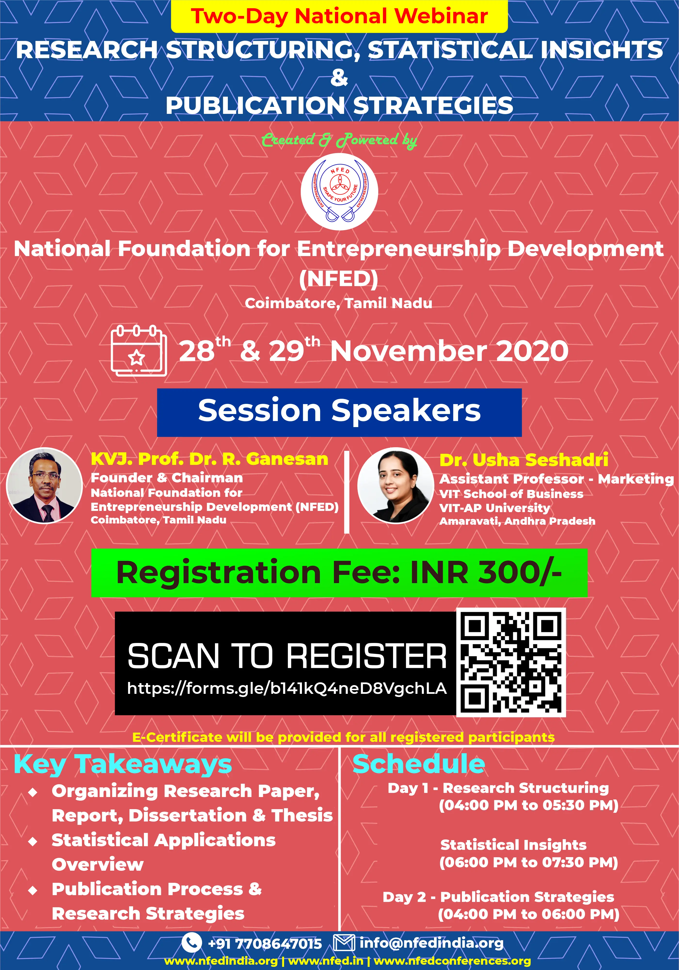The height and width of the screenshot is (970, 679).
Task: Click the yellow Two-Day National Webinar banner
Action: [x=339, y=16]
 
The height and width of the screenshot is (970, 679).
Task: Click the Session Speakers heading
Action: [x=339, y=412]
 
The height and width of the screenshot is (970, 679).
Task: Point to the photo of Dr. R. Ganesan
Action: [x=44, y=485]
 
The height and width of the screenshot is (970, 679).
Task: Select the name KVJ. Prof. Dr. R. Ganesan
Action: [x=210, y=459]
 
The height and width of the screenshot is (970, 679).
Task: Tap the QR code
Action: [x=511, y=662]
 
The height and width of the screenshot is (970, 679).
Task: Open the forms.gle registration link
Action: [x=287, y=689]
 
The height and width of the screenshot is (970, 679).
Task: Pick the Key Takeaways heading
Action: [x=123, y=764]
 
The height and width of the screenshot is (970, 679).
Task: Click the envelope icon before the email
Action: [x=344, y=943]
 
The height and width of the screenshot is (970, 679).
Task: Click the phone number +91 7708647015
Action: [x=265, y=943]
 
